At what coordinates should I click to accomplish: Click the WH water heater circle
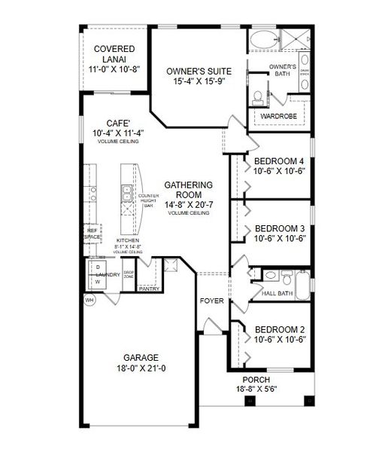click(89, 299)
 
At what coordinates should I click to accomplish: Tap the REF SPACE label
click(92, 234)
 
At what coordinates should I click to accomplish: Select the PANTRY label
click(148, 288)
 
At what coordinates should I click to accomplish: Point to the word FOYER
click(211, 301)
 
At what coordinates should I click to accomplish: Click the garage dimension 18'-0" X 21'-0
click(138, 368)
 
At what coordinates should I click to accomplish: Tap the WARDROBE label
click(277, 117)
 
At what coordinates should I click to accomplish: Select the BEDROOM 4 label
click(279, 161)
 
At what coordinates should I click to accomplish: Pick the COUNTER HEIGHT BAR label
click(147, 200)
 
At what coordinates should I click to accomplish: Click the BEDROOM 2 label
click(279, 329)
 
